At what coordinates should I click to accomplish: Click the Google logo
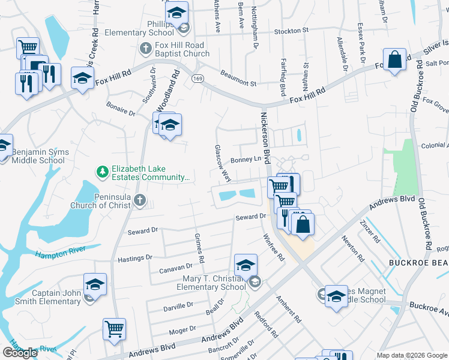pos(20,353)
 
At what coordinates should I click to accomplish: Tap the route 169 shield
pos(196,79)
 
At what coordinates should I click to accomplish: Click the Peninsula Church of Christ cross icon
pos(140,200)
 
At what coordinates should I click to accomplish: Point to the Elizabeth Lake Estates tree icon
pos(103,173)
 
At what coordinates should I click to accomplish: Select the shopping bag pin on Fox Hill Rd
pos(394,60)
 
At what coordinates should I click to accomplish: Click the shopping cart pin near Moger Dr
pos(114,328)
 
